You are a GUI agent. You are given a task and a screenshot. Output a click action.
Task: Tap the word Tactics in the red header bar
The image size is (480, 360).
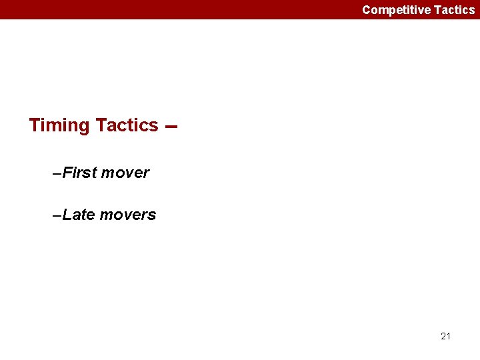[455, 10]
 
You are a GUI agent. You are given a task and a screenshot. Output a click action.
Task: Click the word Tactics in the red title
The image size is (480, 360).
[127, 125]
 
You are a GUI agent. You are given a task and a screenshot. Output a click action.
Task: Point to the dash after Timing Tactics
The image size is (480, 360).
[170, 127]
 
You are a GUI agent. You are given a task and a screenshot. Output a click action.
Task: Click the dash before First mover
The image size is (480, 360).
[57, 173]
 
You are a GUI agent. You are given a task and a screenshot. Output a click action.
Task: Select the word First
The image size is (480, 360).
[79, 173]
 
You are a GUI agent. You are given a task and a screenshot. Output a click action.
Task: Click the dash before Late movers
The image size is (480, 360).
[57, 215]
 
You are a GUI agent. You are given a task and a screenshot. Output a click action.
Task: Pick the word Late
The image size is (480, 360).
[79, 215]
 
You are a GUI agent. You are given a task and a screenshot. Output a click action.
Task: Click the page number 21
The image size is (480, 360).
[446, 336]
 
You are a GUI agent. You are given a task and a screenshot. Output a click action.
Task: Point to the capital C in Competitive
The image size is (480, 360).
[367, 10]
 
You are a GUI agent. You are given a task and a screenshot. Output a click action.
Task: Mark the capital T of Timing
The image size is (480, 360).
[35, 125]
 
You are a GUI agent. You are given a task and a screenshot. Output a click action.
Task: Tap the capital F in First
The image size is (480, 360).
[67, 173]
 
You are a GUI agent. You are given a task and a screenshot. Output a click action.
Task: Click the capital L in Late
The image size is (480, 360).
[67, 215]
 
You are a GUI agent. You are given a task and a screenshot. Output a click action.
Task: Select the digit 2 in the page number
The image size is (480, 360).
[443, 336]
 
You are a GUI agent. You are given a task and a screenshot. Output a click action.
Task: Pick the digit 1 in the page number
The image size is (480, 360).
[449, 336]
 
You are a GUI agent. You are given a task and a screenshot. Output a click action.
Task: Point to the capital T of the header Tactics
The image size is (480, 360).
[437, 10]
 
